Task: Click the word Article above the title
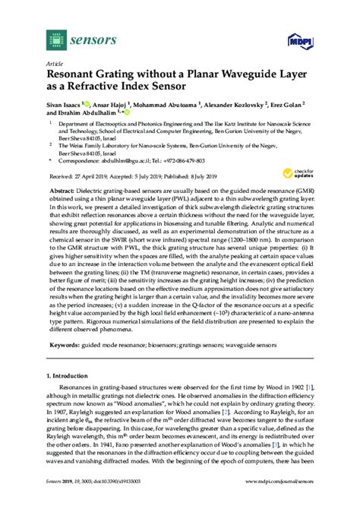[x=54, y=64]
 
